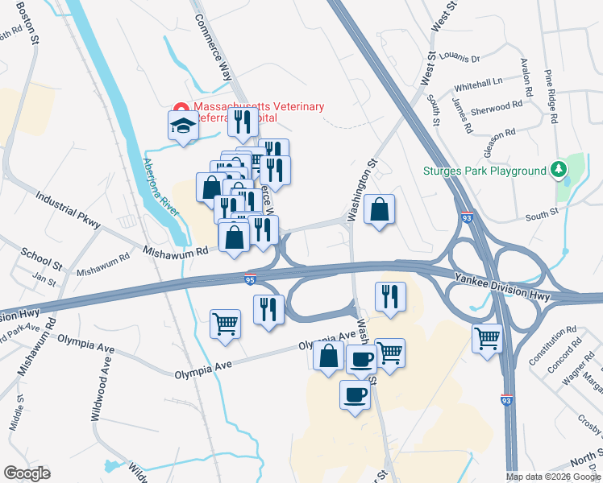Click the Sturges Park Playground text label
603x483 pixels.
(x=484, y=171)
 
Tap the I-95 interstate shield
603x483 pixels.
(x=249, y=279)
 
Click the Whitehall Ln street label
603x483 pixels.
(x=478, y=82)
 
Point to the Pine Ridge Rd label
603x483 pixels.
(x=551, y=96)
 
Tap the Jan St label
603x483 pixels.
(x=44, y=281)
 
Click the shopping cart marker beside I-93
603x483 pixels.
(x=488, y=338)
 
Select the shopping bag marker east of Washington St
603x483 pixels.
(x=380, y=210)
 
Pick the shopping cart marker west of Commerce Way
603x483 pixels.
(x=226, y=324)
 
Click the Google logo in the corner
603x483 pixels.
(x=27, y=473)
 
